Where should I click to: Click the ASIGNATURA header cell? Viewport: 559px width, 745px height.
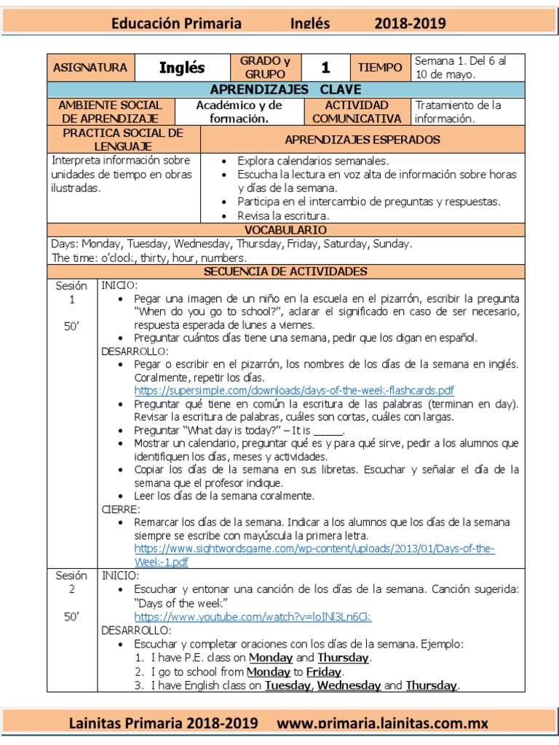90,68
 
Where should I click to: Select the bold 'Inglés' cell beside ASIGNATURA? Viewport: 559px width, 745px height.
181,68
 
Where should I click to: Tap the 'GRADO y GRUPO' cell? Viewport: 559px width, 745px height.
265,68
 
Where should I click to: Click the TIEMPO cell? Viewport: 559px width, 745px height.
379,68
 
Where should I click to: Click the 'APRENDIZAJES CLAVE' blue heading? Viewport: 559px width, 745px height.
285,90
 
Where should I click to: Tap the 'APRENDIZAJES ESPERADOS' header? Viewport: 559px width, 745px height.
362,140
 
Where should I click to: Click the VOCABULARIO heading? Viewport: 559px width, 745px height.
285,229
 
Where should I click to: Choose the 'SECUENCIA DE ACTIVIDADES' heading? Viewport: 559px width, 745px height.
285,271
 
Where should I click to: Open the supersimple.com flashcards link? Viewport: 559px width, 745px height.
294,390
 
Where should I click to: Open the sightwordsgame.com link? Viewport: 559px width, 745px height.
314,549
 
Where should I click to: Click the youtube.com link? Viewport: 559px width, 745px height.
253,617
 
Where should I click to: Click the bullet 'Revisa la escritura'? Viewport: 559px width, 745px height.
283,216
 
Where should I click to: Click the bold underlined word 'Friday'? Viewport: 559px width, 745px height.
324,672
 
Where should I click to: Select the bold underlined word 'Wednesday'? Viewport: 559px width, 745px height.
349,685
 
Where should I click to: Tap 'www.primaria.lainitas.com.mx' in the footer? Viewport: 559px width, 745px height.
383,724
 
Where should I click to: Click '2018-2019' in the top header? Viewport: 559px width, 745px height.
411,24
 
